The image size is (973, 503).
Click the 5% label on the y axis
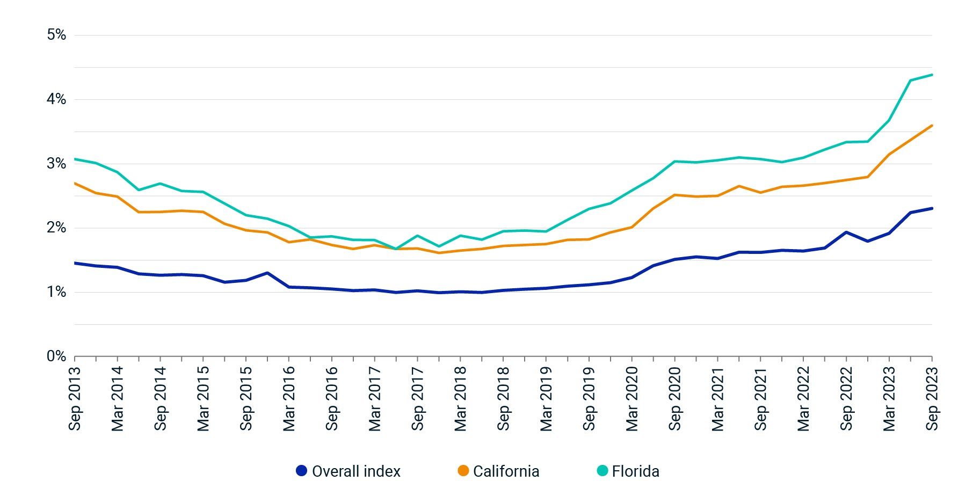pyautogui.click(x=56, y=35)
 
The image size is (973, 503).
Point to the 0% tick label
pyautogui.click(x=56, y=356)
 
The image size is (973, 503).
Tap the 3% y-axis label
pyautogui.click(x=56, y=164)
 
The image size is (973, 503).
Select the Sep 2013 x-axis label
pyautogui.click(x=75, y=398)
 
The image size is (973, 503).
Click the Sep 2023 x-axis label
pyautogui.click(x=932, y=398)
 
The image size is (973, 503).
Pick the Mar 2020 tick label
pyautogui.click(x=632, y=398)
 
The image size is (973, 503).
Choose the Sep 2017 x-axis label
pyautogui.click(x=418, y=398)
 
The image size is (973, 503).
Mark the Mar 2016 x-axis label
pyautogui.click(x=289, y=398)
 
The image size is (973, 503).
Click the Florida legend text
pyautogui.click(x=635, y=471)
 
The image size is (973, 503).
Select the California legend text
pyautogui.click(x=506, y=471)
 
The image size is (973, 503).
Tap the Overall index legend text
pyautogui.click(x=356, y=471)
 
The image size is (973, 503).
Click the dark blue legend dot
pyautogui.click(x=302, y=471)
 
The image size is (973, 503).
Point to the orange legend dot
pyautogui.click(x=463, y=471)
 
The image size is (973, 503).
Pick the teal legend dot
pyautogui.click(x=602, y=471)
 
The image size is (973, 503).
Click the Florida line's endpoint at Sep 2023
pyautogui.click(x=932, y=75)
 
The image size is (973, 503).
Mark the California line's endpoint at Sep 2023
pyautogui.click(x=932, y=126)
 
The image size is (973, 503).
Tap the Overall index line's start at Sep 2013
pyautogui.click(x=75, y=263)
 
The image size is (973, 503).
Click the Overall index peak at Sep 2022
pyautogui.click(x=846, y=232)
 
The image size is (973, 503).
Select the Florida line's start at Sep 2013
pyautogui.click(x=75, y=159)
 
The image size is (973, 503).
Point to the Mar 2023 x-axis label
pyautogui.click(x=889, y=398)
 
